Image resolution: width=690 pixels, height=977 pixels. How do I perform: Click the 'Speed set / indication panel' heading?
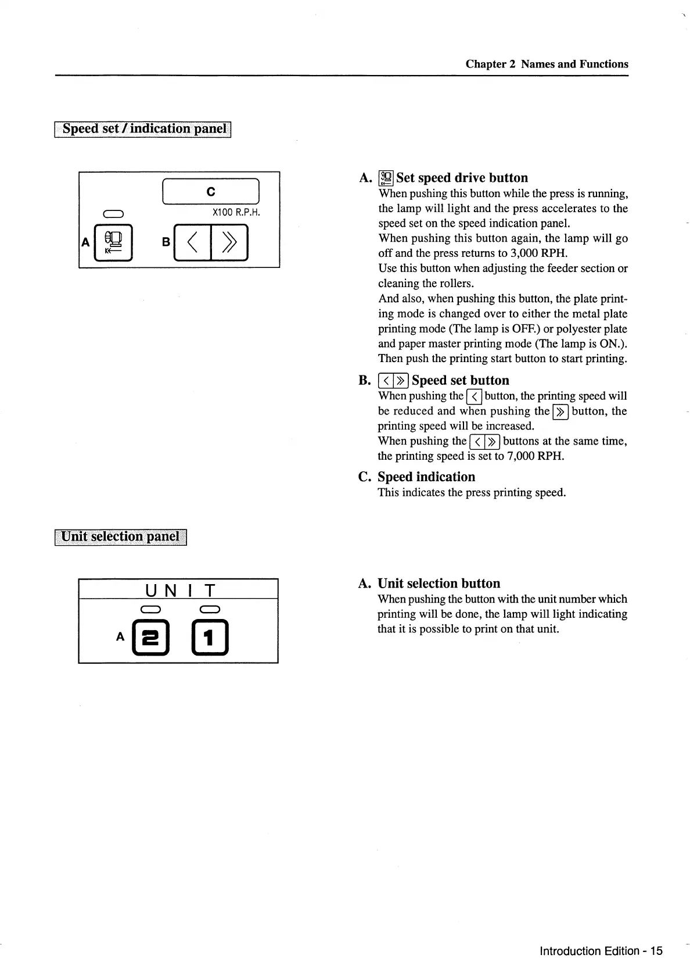coord(143,128)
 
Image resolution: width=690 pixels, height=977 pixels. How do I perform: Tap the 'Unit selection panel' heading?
coord(121,536)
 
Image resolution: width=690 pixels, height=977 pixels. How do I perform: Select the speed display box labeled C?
coord(210,191)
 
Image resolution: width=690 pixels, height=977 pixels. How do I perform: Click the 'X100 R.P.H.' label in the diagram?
coord(236,212)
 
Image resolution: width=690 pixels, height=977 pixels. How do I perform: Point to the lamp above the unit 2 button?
coord(150,609)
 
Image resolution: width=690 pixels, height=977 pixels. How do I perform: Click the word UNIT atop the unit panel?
coord(180,591)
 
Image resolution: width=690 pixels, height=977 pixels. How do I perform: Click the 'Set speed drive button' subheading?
coord(462,178)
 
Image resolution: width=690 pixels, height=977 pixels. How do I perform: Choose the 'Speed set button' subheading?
coord(460,381)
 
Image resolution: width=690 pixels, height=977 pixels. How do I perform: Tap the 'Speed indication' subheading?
coord(426,477)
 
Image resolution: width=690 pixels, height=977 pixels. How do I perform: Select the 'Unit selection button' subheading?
coord(439,584)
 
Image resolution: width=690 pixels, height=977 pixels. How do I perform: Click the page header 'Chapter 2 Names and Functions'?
coord(547,64)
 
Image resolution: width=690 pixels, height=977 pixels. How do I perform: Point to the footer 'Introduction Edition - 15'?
coord(601,951)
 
